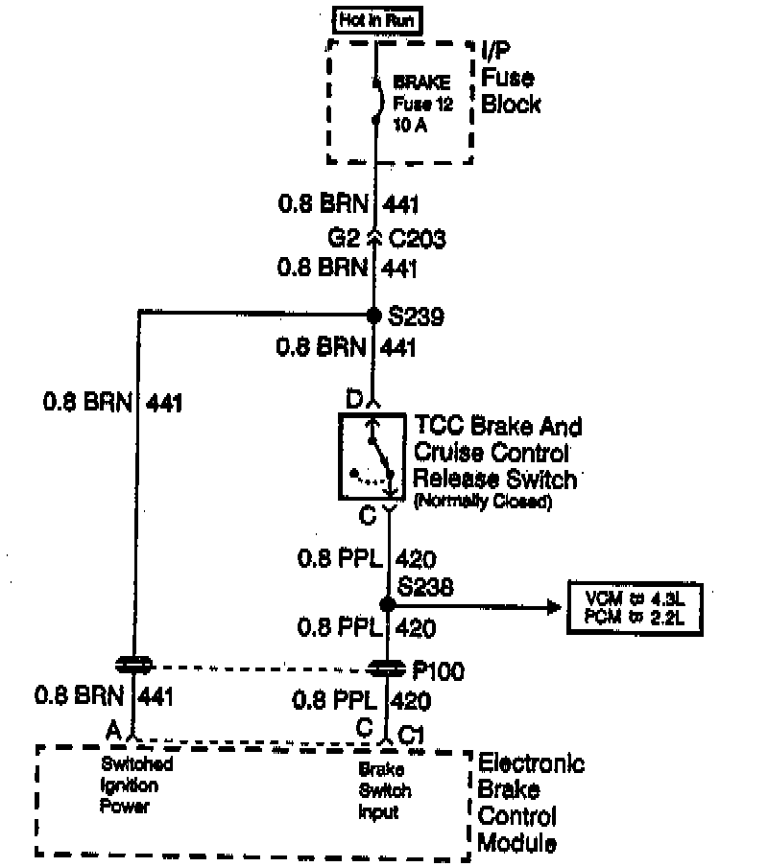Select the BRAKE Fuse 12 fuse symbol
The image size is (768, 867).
[x=376, y=99]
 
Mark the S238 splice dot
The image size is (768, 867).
[x=387, y=605]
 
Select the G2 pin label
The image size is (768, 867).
[x=341, y=237]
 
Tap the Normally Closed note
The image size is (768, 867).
[x=482, y=502]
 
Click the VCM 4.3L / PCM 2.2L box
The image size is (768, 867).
[x=635, y=607]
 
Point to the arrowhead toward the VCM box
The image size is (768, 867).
[x=552, y=606]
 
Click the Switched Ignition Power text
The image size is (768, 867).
[x=136, y=785]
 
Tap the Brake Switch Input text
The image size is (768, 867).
[x=386, y=790]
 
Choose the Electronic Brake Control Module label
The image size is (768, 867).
[x=530, y=803]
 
